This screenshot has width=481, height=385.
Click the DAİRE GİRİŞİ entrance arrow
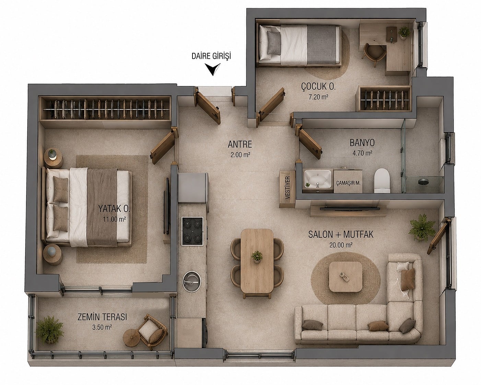[213, 69]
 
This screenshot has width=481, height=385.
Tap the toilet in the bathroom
[382, 180]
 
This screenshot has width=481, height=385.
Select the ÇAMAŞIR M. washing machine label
[348, 183]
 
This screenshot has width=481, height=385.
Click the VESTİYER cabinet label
[288, 188]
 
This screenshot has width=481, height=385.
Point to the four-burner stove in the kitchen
[192, 231]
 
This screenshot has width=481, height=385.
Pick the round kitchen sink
[191, 281]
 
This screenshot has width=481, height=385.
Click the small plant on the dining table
[257, 257]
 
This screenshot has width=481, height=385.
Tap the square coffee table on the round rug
[345, 277]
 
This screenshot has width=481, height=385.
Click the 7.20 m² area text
[318, 97]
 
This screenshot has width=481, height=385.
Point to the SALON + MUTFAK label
[341, 234]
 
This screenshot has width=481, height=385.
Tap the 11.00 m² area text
[114, 219]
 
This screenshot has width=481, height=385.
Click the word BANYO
[362, 143]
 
